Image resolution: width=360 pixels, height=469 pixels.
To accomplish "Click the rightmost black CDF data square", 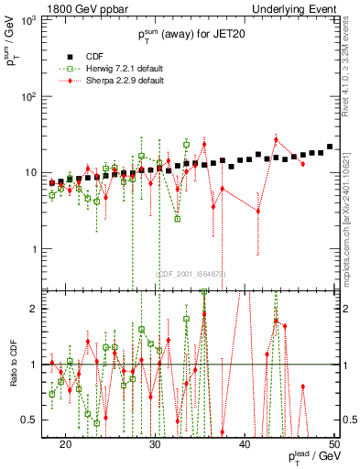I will point(330,147).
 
